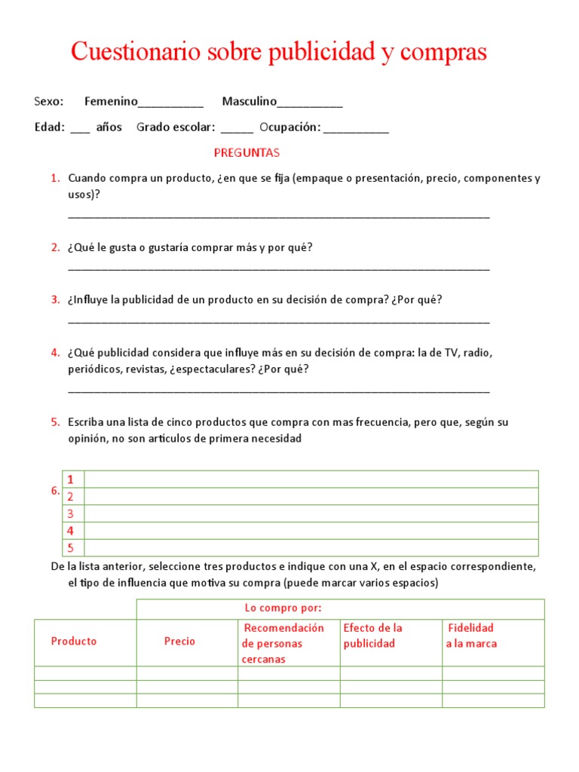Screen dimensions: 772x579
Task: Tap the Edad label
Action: pyautogui.click(x=49, y=127)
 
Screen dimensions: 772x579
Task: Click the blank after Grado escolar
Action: pyautogui.click(x=237, y=130)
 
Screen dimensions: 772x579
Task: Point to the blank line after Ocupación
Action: pyautogui.click(x=355, y=130)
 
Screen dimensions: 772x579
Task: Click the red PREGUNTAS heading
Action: pyautogui.click(x=247, y=153)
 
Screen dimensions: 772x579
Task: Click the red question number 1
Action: pyautogui.click(x=55, y=179)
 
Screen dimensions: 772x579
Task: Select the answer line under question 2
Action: pyautogui.click(x=278, y=268)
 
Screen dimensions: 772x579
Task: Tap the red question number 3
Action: pyautogui.click(x=55, y=300)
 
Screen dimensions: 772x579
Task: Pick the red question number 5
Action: pyautogui.click(x=55, y=423)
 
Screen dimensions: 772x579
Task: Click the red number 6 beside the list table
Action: pyautogui.click(x=55, y=491)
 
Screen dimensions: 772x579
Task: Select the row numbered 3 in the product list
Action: pyautogui.click(x=311, y=513)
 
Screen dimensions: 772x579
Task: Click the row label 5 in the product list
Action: pyautogui.click(x=71, y=548)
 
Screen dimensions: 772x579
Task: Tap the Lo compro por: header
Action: pyautogui.click(x=283, y=608)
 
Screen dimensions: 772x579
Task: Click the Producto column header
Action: pyautogui.click(x=74, y=642)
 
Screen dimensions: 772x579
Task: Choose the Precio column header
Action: pyautogui.click(x=179, y=642)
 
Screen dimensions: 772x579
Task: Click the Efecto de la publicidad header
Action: pyautogui.click(x=372, y=636)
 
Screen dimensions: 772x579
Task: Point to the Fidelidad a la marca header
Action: pyautogui.click(x=471, y=636)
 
